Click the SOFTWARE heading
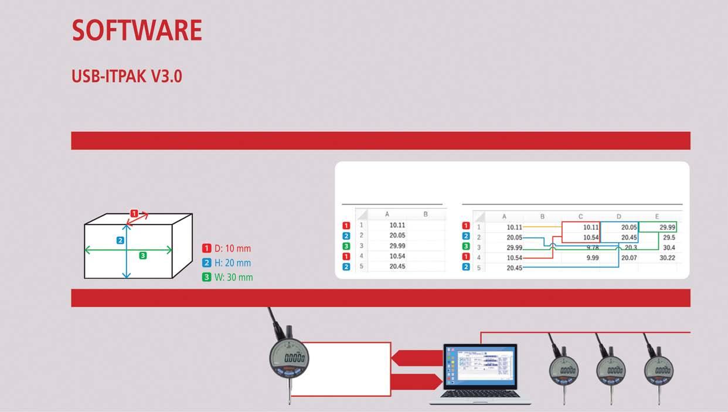click(x=137, y=30)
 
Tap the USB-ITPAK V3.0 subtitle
click(x=127, y=77)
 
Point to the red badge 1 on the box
click(x=134, y=213)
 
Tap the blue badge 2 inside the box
click(x=120, y=240)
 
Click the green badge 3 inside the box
click(x=142, y=256)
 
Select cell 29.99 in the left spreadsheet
click(x=397, y=246)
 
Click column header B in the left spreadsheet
click(x=426, y=214)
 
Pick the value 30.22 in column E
click(x=667, y=258)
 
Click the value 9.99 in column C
click(x=592, y=258)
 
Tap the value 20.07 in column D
click(x=628, y=258)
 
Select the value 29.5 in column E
click(x=669, y=237)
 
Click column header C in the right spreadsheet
click(x=580, y=217)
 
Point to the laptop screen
click(x=480, y=366)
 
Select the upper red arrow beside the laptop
click(x=415, y=357)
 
